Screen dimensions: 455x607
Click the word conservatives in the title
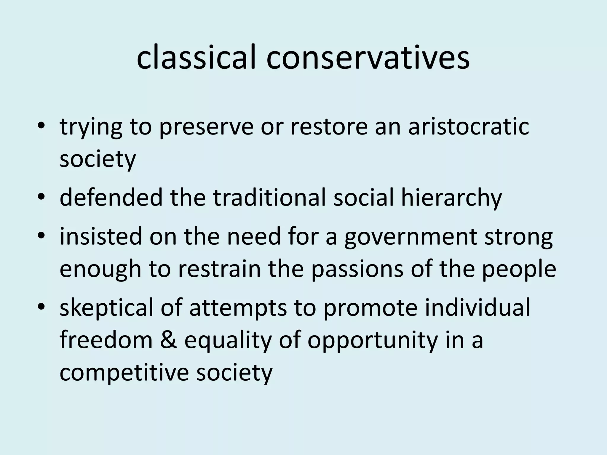point(368,58)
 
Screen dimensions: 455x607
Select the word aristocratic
point(468,127)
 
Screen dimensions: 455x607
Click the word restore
point(329,127)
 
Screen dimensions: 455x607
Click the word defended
point(111,198)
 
